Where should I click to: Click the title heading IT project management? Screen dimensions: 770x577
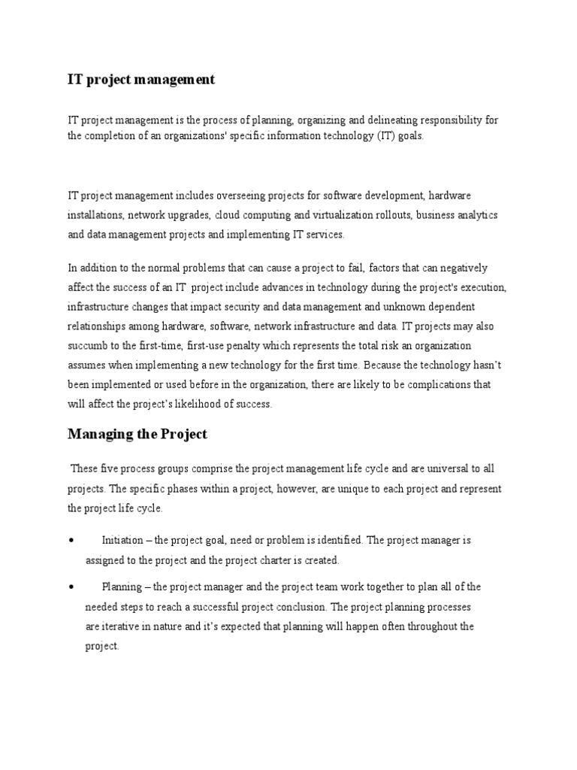pos(141,80)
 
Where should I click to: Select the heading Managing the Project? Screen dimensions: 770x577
pos(137,434)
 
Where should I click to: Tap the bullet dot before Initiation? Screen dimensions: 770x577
pos(70,541)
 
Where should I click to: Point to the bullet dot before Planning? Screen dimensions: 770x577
pos(70,587)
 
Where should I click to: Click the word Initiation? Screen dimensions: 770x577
pos(122,541)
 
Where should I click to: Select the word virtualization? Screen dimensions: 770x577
pos(333,215)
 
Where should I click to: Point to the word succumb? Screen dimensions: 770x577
pos(89,346)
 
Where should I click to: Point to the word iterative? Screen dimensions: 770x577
pos(122,626)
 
